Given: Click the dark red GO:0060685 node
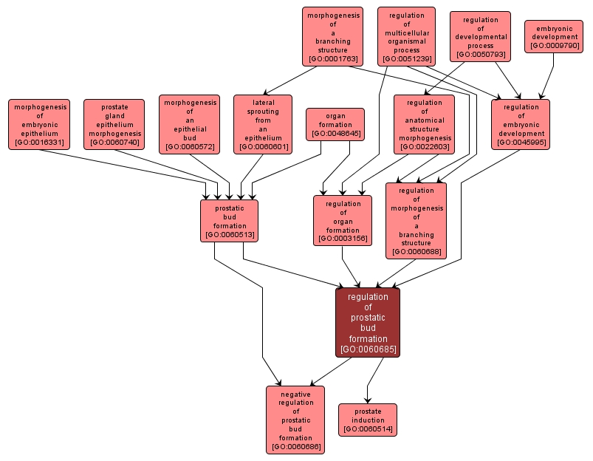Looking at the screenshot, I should [x=368, y=322].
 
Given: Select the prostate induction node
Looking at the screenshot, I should [x=368, y=420].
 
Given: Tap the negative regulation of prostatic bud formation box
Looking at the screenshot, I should [x=295, y=420].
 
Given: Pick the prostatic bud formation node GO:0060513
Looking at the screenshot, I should [x=230, y=220].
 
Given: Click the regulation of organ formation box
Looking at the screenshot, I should [x=343, y=220].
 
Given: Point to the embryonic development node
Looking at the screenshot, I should [x=555, y=37].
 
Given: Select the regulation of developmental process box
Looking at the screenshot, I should [x=480, y=36].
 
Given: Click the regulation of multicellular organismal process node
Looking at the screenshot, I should [x=406, y=36].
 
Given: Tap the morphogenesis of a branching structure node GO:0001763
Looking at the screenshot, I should [x=332, y=36].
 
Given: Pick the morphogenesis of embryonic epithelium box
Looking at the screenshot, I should [x=40, y=124].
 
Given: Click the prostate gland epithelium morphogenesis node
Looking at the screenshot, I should [x=114, y=124].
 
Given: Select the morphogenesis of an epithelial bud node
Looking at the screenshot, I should [x=189, y=124].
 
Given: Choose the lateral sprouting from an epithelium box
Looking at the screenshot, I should [x=263, y=124].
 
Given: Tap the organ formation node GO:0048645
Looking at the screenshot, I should [x=335, y=124].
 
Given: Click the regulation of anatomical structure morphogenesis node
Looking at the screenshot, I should [x=425, y=124].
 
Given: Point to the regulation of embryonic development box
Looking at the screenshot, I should [x=521, y=124].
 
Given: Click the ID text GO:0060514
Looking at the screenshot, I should [x=368, y=429].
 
